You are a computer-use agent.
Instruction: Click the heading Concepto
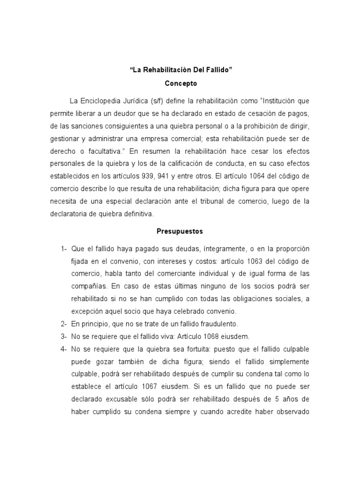(181, 84)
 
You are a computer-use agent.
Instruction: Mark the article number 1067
(167, 387)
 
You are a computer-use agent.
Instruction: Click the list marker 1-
(64, 248)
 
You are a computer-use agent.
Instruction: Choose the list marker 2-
(64, 324)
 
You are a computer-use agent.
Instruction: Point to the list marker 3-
(64, 336)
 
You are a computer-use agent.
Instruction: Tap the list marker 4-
(64, 349)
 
